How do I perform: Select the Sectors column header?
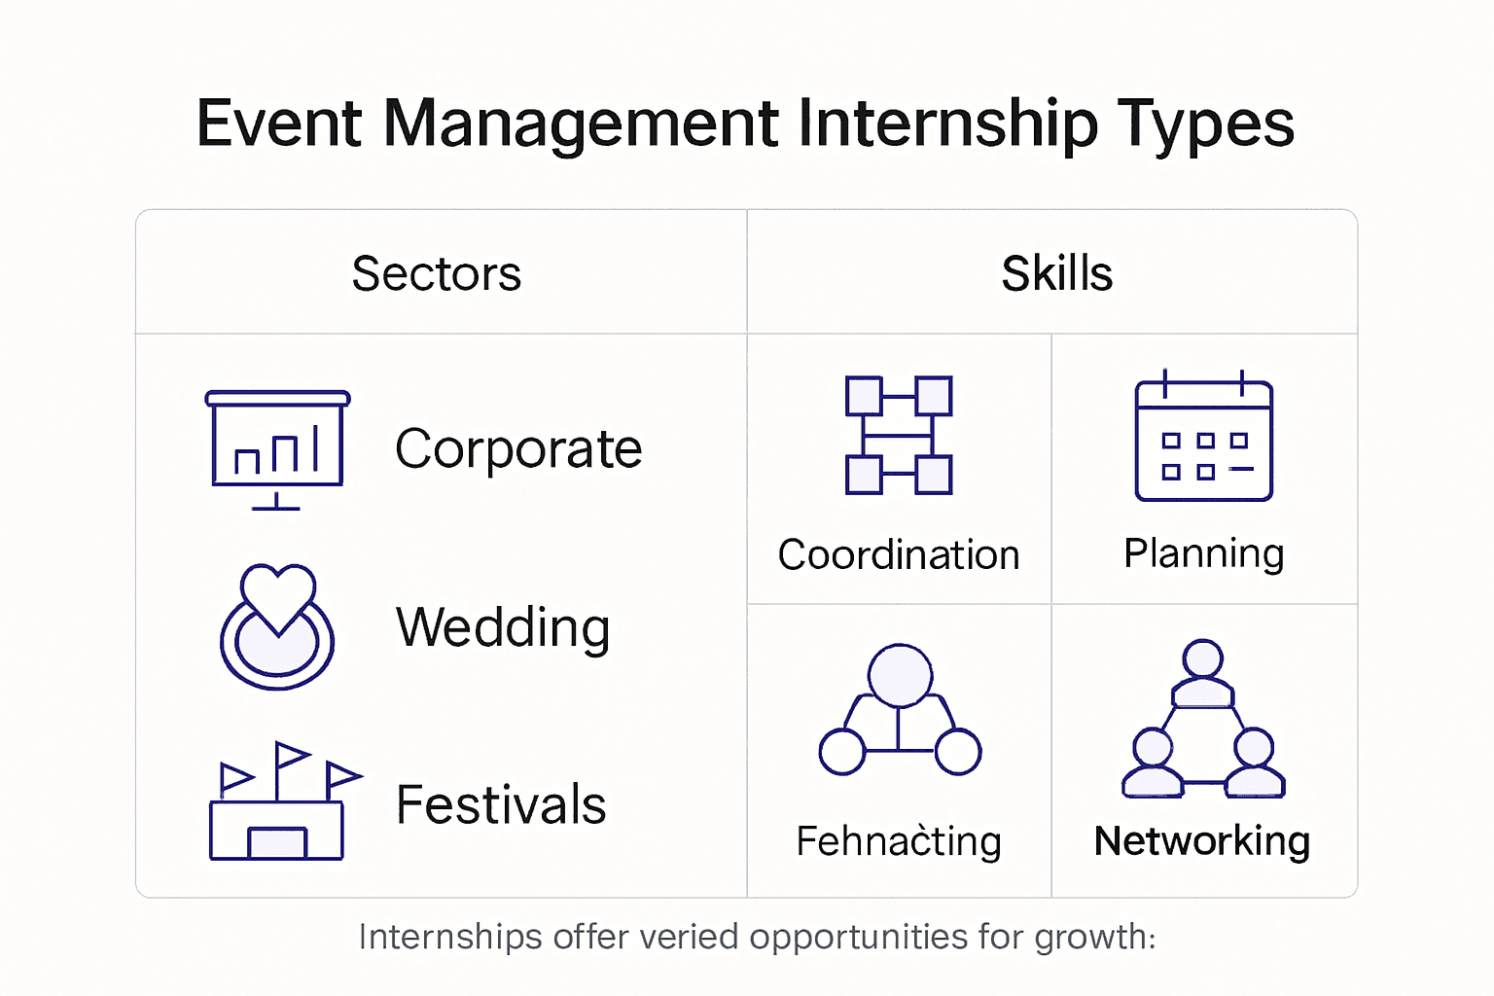436,273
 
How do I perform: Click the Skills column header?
1056,273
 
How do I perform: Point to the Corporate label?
518,448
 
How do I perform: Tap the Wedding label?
503,627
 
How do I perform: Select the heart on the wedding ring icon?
278,594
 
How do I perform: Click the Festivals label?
501,805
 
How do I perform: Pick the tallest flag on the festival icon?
290,756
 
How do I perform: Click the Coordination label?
899,555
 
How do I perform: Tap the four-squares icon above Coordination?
899,435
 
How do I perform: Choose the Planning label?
1203,553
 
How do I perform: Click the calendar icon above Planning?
1203,438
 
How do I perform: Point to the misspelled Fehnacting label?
899,841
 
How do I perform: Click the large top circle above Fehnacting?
900,675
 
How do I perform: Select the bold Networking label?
1202,841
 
